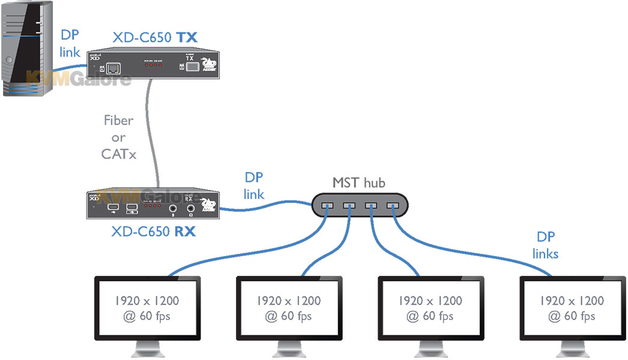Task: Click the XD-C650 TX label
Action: click(154, 38)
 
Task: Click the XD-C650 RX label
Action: click(153, 231)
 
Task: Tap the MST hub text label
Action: click(359, 182)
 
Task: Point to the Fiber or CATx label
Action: click(119, 137)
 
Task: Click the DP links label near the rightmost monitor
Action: click(545, 245)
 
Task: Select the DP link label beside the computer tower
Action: click(70, 44)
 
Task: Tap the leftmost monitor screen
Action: click(147, 308)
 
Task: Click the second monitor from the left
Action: click(289, 308)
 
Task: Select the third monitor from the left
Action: click(430, 308)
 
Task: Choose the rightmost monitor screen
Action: click(572, 308)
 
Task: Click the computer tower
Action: click(28, 48)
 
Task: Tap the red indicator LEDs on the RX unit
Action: click(153, 206)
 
